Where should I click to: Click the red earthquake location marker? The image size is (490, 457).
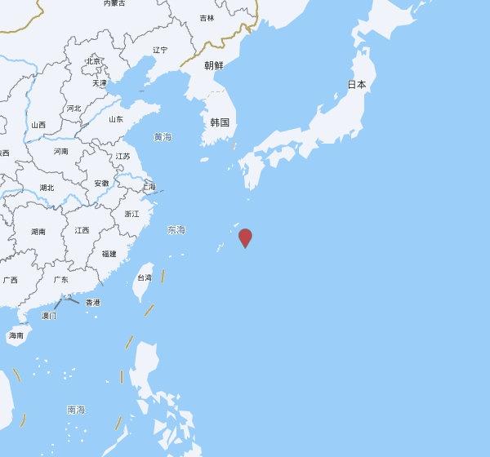(x=245, y=237)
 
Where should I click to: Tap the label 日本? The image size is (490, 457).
(x=357, y=84)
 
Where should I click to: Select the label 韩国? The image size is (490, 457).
(x=220, y=122)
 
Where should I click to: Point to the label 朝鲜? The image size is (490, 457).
(x=213, y=65)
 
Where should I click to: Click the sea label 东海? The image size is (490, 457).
(x=176, y=229)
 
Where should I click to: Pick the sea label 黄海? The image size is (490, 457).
(x=163, y=137)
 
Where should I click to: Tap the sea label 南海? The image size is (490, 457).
(x=76, y=409)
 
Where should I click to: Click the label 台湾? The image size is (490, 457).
(x=143, y=277)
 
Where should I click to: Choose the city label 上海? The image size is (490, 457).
(x=148, y=187)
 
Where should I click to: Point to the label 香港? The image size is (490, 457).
(x=92, y=302)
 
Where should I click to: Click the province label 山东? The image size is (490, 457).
(x=115, y=119)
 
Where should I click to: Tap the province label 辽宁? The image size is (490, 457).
(x=160, y=50)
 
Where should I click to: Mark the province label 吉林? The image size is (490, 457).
(x=207, y=17)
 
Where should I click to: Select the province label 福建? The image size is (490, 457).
(x=109, y=254)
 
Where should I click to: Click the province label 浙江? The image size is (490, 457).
(x=131, y=214)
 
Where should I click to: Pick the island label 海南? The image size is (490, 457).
(x=16, y=335)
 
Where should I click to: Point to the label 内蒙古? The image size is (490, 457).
(x=114, y=3)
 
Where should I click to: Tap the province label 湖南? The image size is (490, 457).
(x=38, y=232)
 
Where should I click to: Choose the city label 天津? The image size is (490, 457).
(x=99, y=82)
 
